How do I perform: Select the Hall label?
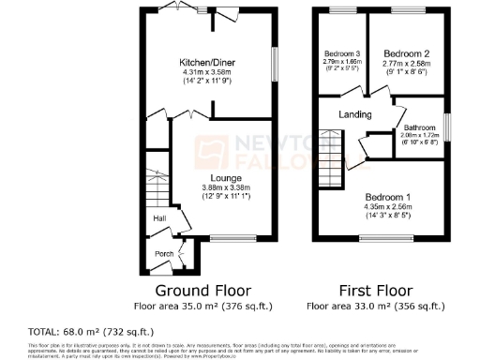[x=159, y=219]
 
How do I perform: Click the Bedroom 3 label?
[x=341, y=52]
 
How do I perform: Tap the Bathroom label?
[x=419, y=127]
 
